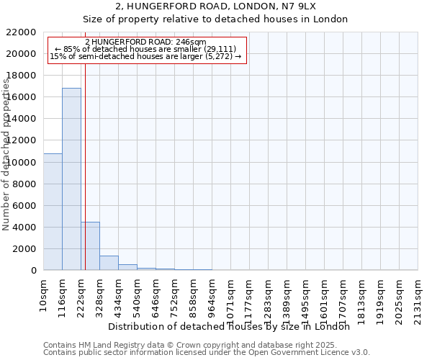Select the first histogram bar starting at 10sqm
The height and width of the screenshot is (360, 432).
pos(53,212)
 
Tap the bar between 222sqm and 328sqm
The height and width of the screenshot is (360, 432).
pos(90,246)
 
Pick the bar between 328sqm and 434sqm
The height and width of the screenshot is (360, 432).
pos(109,263)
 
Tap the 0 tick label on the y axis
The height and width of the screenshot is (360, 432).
pos(33,271)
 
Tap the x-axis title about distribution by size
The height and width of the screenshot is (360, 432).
pos(233,327)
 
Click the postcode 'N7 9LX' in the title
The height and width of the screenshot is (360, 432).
pos(299,6)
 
